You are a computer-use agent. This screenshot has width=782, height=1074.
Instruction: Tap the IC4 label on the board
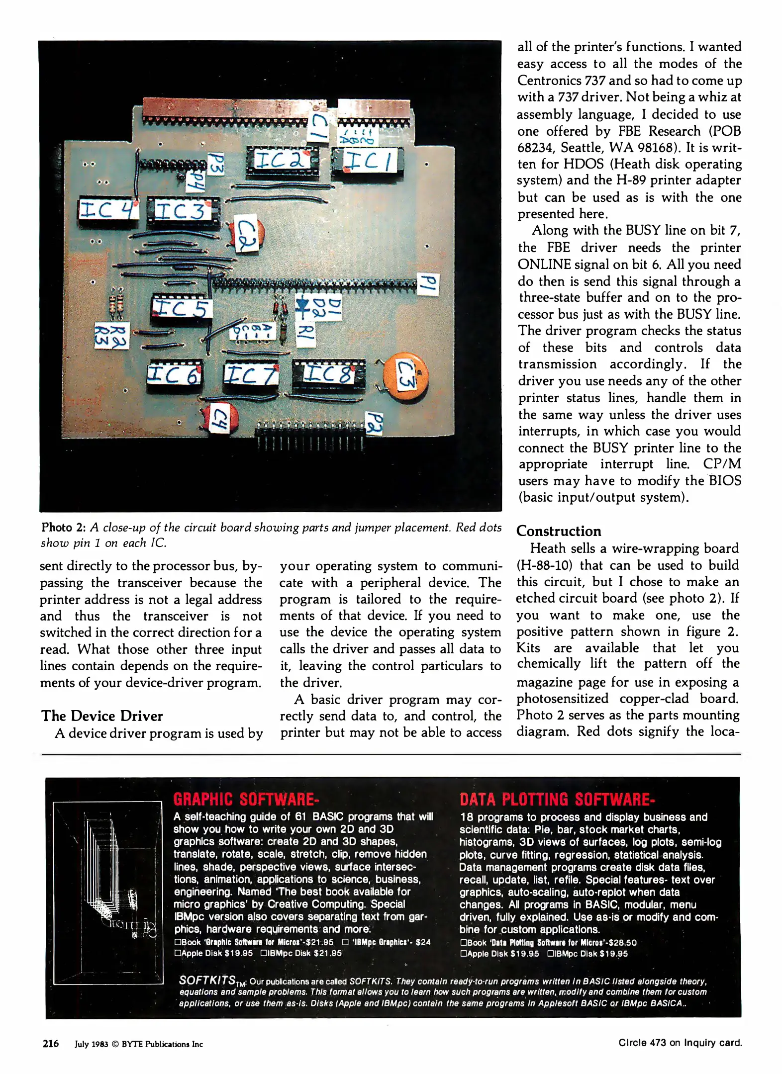click(108, 209)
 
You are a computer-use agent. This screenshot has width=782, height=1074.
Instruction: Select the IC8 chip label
click(329, 373)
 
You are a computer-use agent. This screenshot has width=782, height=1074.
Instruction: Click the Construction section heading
click(559, 531)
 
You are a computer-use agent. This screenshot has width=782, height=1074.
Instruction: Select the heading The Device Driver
click(102, 716)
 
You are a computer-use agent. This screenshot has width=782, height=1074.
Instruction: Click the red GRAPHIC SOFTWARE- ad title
click(246, 800)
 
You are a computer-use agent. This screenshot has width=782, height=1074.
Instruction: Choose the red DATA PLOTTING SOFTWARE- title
click(557, 800)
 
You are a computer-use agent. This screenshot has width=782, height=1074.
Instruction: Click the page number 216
click(50, 1043)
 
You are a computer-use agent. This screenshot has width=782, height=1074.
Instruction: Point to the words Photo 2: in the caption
click(64, 528)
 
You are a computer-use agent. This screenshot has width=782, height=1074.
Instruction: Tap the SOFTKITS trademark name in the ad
click(207, 980)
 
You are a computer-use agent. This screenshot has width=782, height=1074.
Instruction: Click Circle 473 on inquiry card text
click(680, 1043)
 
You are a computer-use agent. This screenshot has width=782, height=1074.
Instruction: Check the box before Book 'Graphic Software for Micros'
click(178, 942)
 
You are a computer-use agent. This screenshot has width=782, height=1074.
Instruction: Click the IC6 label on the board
click(174, 374)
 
